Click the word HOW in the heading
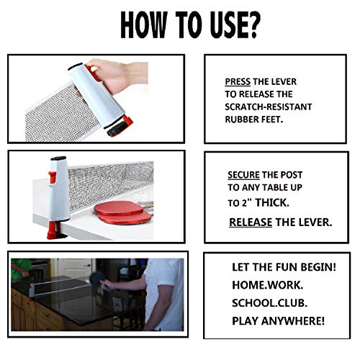coord(143,24)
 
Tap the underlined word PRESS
coord(238,82)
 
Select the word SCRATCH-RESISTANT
coord(269,107)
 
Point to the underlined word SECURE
coord(243,175)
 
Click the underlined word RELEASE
coord(251,222)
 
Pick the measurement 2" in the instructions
coord(247,203)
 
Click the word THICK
coord(272,203)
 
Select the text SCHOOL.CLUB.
coord(269,303)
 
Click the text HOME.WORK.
coord(268,285)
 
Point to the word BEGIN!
coord(318,267)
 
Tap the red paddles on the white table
coord(123,213)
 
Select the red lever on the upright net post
coord(52,178)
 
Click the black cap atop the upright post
coord(58,158)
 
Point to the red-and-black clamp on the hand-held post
coord(120,126)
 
